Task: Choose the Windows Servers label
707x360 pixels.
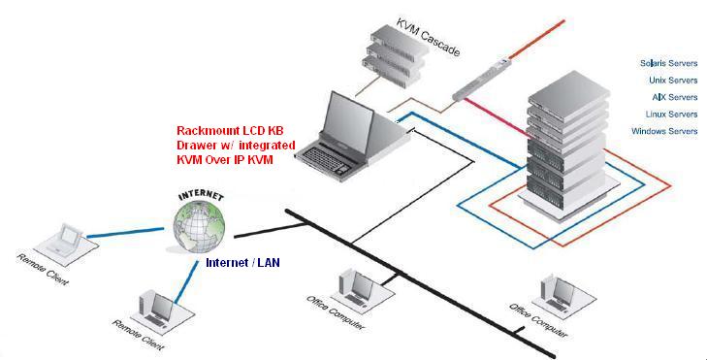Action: click(x=664, y=131)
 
